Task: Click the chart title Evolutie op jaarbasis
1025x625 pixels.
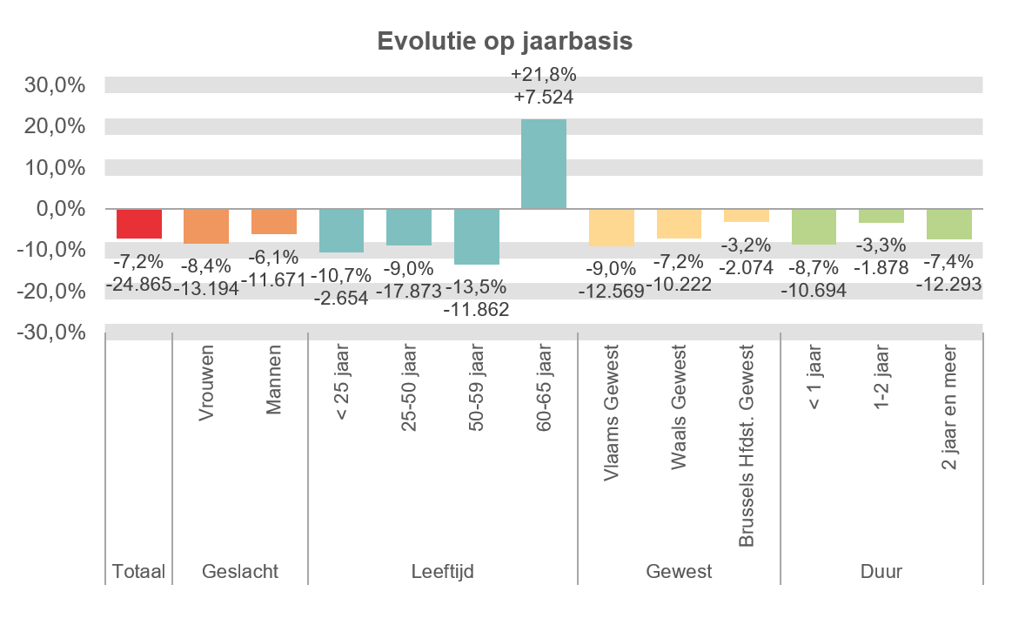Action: [504, 41]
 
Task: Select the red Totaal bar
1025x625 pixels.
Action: [139, 224]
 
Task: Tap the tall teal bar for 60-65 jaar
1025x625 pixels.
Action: [544, 164]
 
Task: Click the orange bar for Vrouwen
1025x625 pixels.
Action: [206, 226]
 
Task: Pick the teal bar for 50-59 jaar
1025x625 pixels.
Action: [477, 237]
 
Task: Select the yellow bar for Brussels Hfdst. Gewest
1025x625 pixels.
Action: [747, 216]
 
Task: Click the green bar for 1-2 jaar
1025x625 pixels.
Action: [881, 216]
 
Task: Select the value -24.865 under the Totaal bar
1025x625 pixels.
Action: [139, 284]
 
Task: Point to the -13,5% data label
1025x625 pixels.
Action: [477, 288]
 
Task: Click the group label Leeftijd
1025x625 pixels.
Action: [443, 572]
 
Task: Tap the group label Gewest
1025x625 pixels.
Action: [679, 572]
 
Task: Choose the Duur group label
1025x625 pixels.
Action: [881, 572]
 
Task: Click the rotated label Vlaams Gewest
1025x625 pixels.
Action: [612, 413]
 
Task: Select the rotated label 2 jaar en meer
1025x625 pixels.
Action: [949, 409]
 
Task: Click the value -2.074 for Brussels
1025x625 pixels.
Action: [747, 267]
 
